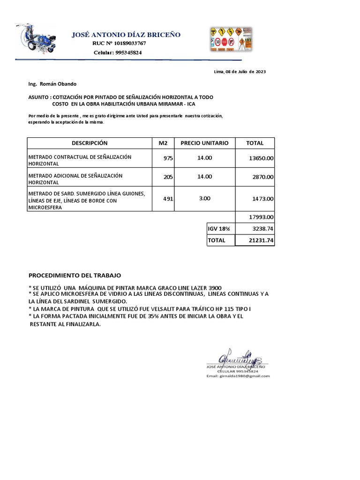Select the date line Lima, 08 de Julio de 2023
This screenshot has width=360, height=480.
[x=240, y=72]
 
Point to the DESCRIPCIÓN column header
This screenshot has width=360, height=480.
[x=90, y=143]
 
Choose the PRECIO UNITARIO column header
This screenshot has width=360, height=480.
[x=204, y=143]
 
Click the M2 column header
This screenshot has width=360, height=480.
[x=163, y=143]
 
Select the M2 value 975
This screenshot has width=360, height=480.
[x=168, y=158]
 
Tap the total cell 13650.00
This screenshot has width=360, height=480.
[x=261, y=159]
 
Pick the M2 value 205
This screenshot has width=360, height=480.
[x=168, y=177]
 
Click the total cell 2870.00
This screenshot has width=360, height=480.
[x=263, y=177]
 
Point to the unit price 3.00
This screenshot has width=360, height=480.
[x=204, y=199]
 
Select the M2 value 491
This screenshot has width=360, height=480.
[x=168, y=199]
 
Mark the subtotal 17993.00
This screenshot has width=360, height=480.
[x=261, y=217]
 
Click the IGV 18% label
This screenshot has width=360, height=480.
[x=219, y=229]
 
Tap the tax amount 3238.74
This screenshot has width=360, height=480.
[x=263, y=229]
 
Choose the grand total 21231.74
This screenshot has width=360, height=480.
[x=261, y=240]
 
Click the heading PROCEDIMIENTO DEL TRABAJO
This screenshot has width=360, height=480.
[x=75, y=275]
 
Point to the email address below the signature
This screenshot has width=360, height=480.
[x=238, y=376]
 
